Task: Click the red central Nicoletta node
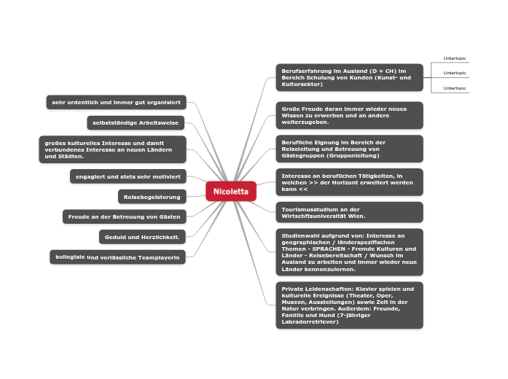point(231,191)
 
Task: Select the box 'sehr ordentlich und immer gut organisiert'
point(116,102)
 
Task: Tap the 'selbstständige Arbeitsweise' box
point(136,122)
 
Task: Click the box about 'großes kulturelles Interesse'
point(112,149)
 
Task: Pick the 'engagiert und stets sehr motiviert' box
point(128,176)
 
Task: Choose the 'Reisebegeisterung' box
point(152,196)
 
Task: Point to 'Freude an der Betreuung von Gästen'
point(125,216)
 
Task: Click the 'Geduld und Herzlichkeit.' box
point(142,236)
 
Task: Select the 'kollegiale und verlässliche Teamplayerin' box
point(117,257)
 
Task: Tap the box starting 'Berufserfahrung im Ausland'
point(349,77)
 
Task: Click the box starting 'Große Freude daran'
point(349,115)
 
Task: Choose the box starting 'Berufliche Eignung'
point(349,149)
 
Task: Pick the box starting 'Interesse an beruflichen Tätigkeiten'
point(349,182)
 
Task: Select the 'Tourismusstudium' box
point(349,212)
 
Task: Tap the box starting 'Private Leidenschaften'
point(349,305)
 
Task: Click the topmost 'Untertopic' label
point(455,58)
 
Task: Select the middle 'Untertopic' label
point(455,73)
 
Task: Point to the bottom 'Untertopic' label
point(455,88)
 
